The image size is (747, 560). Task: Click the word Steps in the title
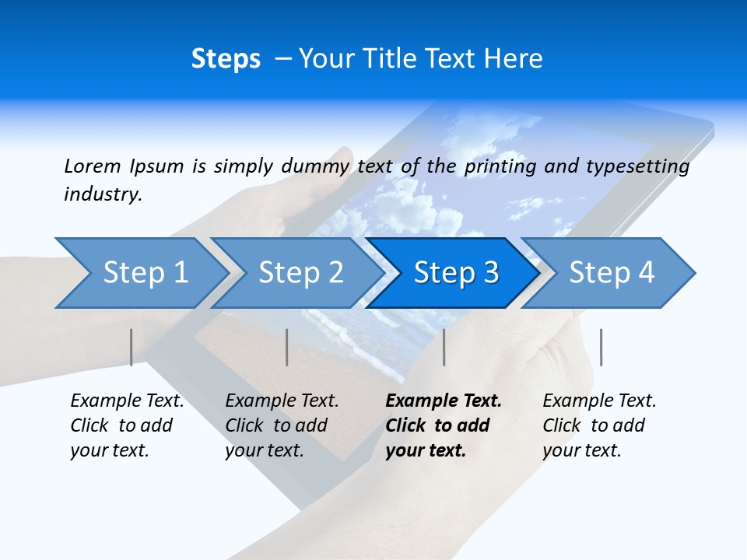226,59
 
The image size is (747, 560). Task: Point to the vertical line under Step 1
132,347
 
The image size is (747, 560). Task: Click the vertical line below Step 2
287,347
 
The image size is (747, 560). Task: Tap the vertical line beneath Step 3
444,347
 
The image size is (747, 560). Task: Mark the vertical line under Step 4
601,347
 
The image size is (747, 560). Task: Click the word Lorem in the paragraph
92,166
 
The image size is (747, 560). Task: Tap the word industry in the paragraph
103,194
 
